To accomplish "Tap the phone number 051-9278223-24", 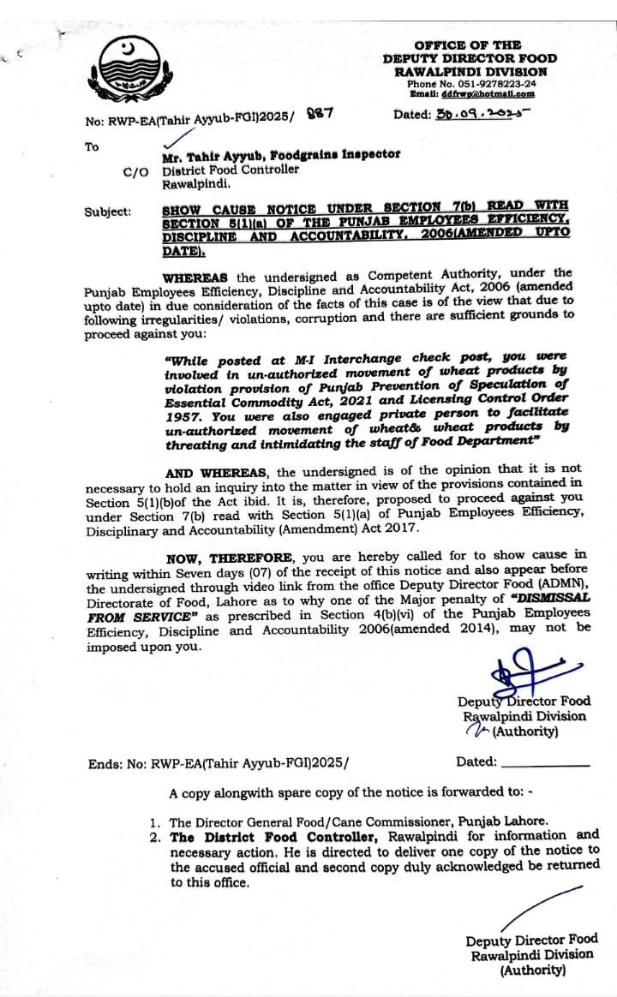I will click(x=493, y=84).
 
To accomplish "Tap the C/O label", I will click(x=135, y=170).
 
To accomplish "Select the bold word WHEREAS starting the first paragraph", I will click(x=197, y=277).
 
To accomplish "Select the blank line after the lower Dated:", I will click(x=544, y=762).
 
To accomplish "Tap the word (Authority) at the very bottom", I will click(x=532, y=970).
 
